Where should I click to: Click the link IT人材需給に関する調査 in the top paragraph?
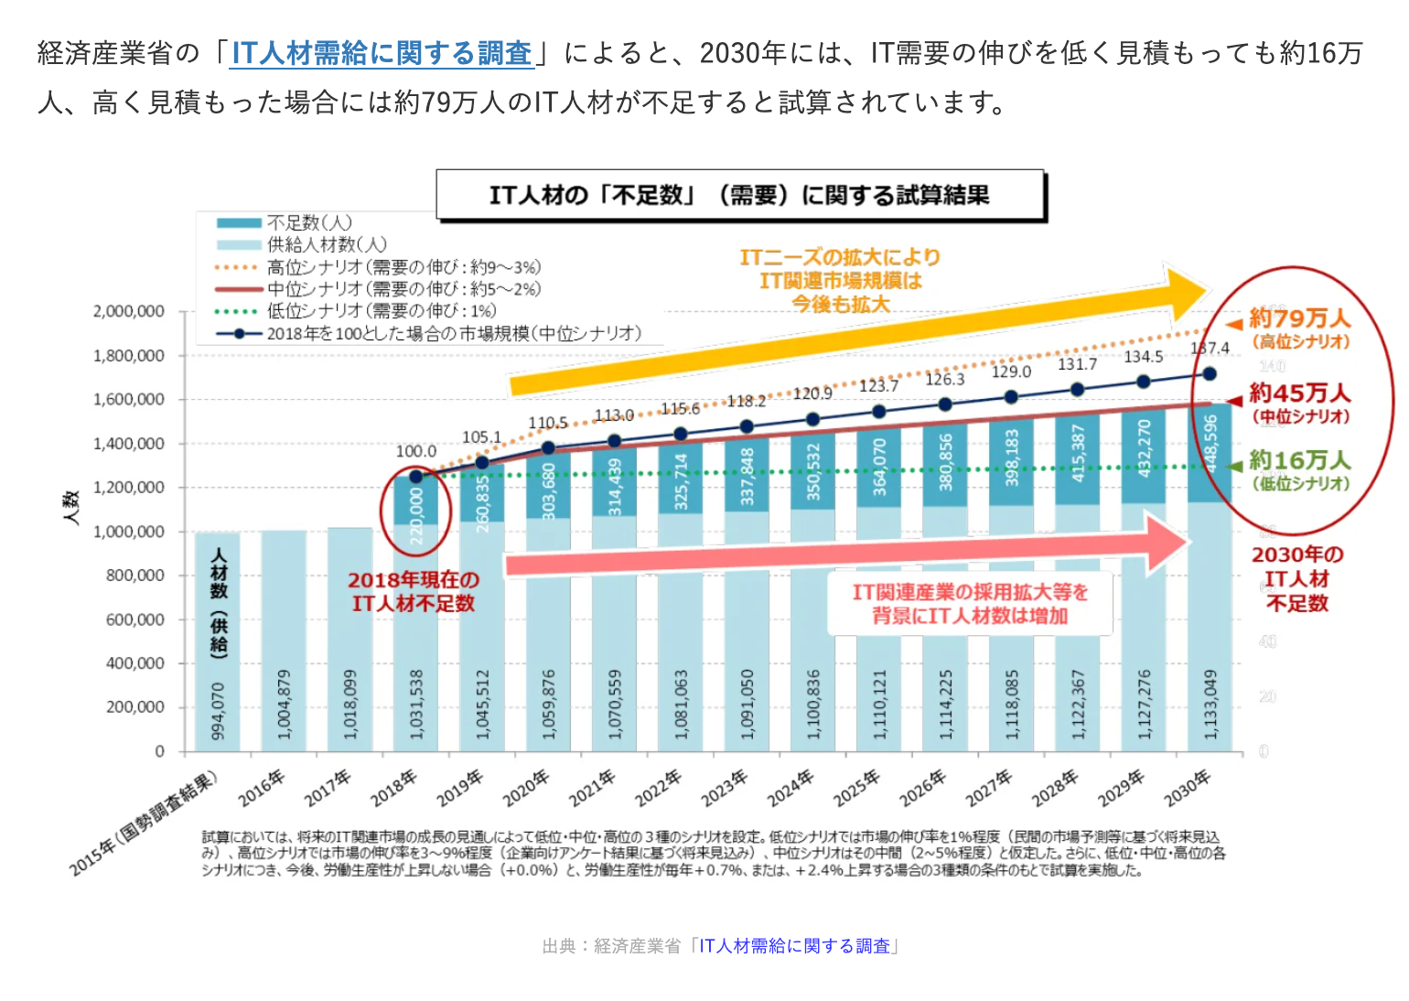(x=382, y=53)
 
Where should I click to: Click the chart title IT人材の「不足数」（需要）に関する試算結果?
(x=739, y=195)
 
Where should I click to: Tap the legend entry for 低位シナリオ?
(x=381, y=311)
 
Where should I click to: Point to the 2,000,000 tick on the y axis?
(x=129, y=311)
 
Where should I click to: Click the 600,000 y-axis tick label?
(x=134, y=619)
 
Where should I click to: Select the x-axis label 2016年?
(x=263, y=788)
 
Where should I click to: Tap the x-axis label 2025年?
(x=856, y=788)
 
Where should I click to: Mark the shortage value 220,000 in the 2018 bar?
(x=416, y=515)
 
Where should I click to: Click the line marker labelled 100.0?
(x=416, y=476)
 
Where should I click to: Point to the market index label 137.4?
(x=1210, y=348)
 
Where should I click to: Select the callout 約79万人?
(x=1299, y=318)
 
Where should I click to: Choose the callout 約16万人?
(x=1299, y=460)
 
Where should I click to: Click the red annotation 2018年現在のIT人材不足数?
(x=414, y=591)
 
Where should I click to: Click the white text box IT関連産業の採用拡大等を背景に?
(x=970, y=604)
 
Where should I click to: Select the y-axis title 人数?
(x=71, y=507)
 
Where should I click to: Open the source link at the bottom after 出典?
(x=794, y=946)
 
